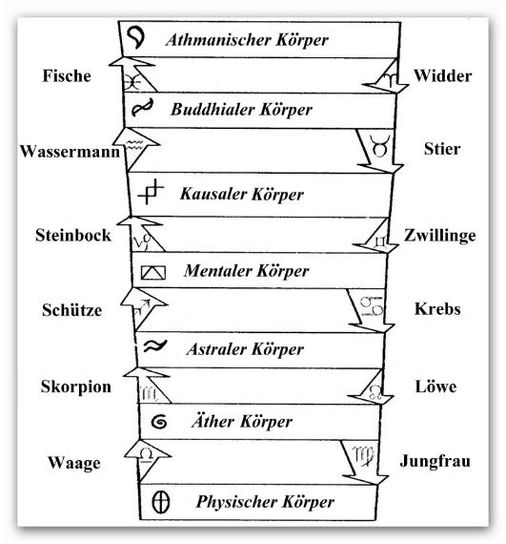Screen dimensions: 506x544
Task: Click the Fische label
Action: pos(67,75)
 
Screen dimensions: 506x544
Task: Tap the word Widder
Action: pos(442,75)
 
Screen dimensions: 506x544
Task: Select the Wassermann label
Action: pos(70,151)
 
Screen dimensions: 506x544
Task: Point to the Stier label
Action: pos(442,149)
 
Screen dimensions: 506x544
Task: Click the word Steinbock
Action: pos(73,235)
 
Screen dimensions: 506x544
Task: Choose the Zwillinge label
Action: pos(440,236)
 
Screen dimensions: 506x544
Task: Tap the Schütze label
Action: pos(72,309)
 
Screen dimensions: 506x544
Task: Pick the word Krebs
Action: pos(437,308)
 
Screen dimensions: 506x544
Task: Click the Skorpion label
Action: pos(76,387)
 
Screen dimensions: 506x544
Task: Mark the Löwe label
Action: pos(435,387)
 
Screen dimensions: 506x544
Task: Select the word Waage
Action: pos(74,463)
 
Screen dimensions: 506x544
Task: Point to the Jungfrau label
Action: pos(435,461)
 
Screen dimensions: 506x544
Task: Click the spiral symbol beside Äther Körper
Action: pos(159,422)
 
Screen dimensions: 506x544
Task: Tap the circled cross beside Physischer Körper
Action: pos(161,502)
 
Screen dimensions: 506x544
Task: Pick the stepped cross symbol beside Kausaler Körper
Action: pos(151,192)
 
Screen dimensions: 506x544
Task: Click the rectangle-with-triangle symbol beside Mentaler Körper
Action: pos(153,272)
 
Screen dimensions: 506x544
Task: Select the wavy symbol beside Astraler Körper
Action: pos(155,345)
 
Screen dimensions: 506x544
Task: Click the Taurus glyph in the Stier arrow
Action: pos(379,146)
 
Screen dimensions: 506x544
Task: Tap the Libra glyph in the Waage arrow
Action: pos(146,455)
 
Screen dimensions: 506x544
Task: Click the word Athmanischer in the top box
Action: pos(218,39)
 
